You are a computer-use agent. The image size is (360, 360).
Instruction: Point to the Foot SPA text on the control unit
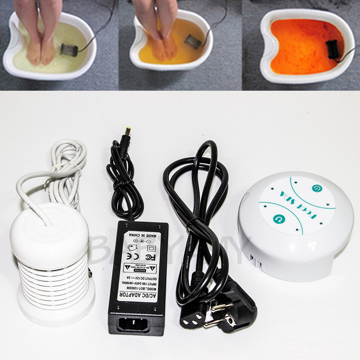297,204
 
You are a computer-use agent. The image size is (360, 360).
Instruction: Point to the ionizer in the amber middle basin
193,41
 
